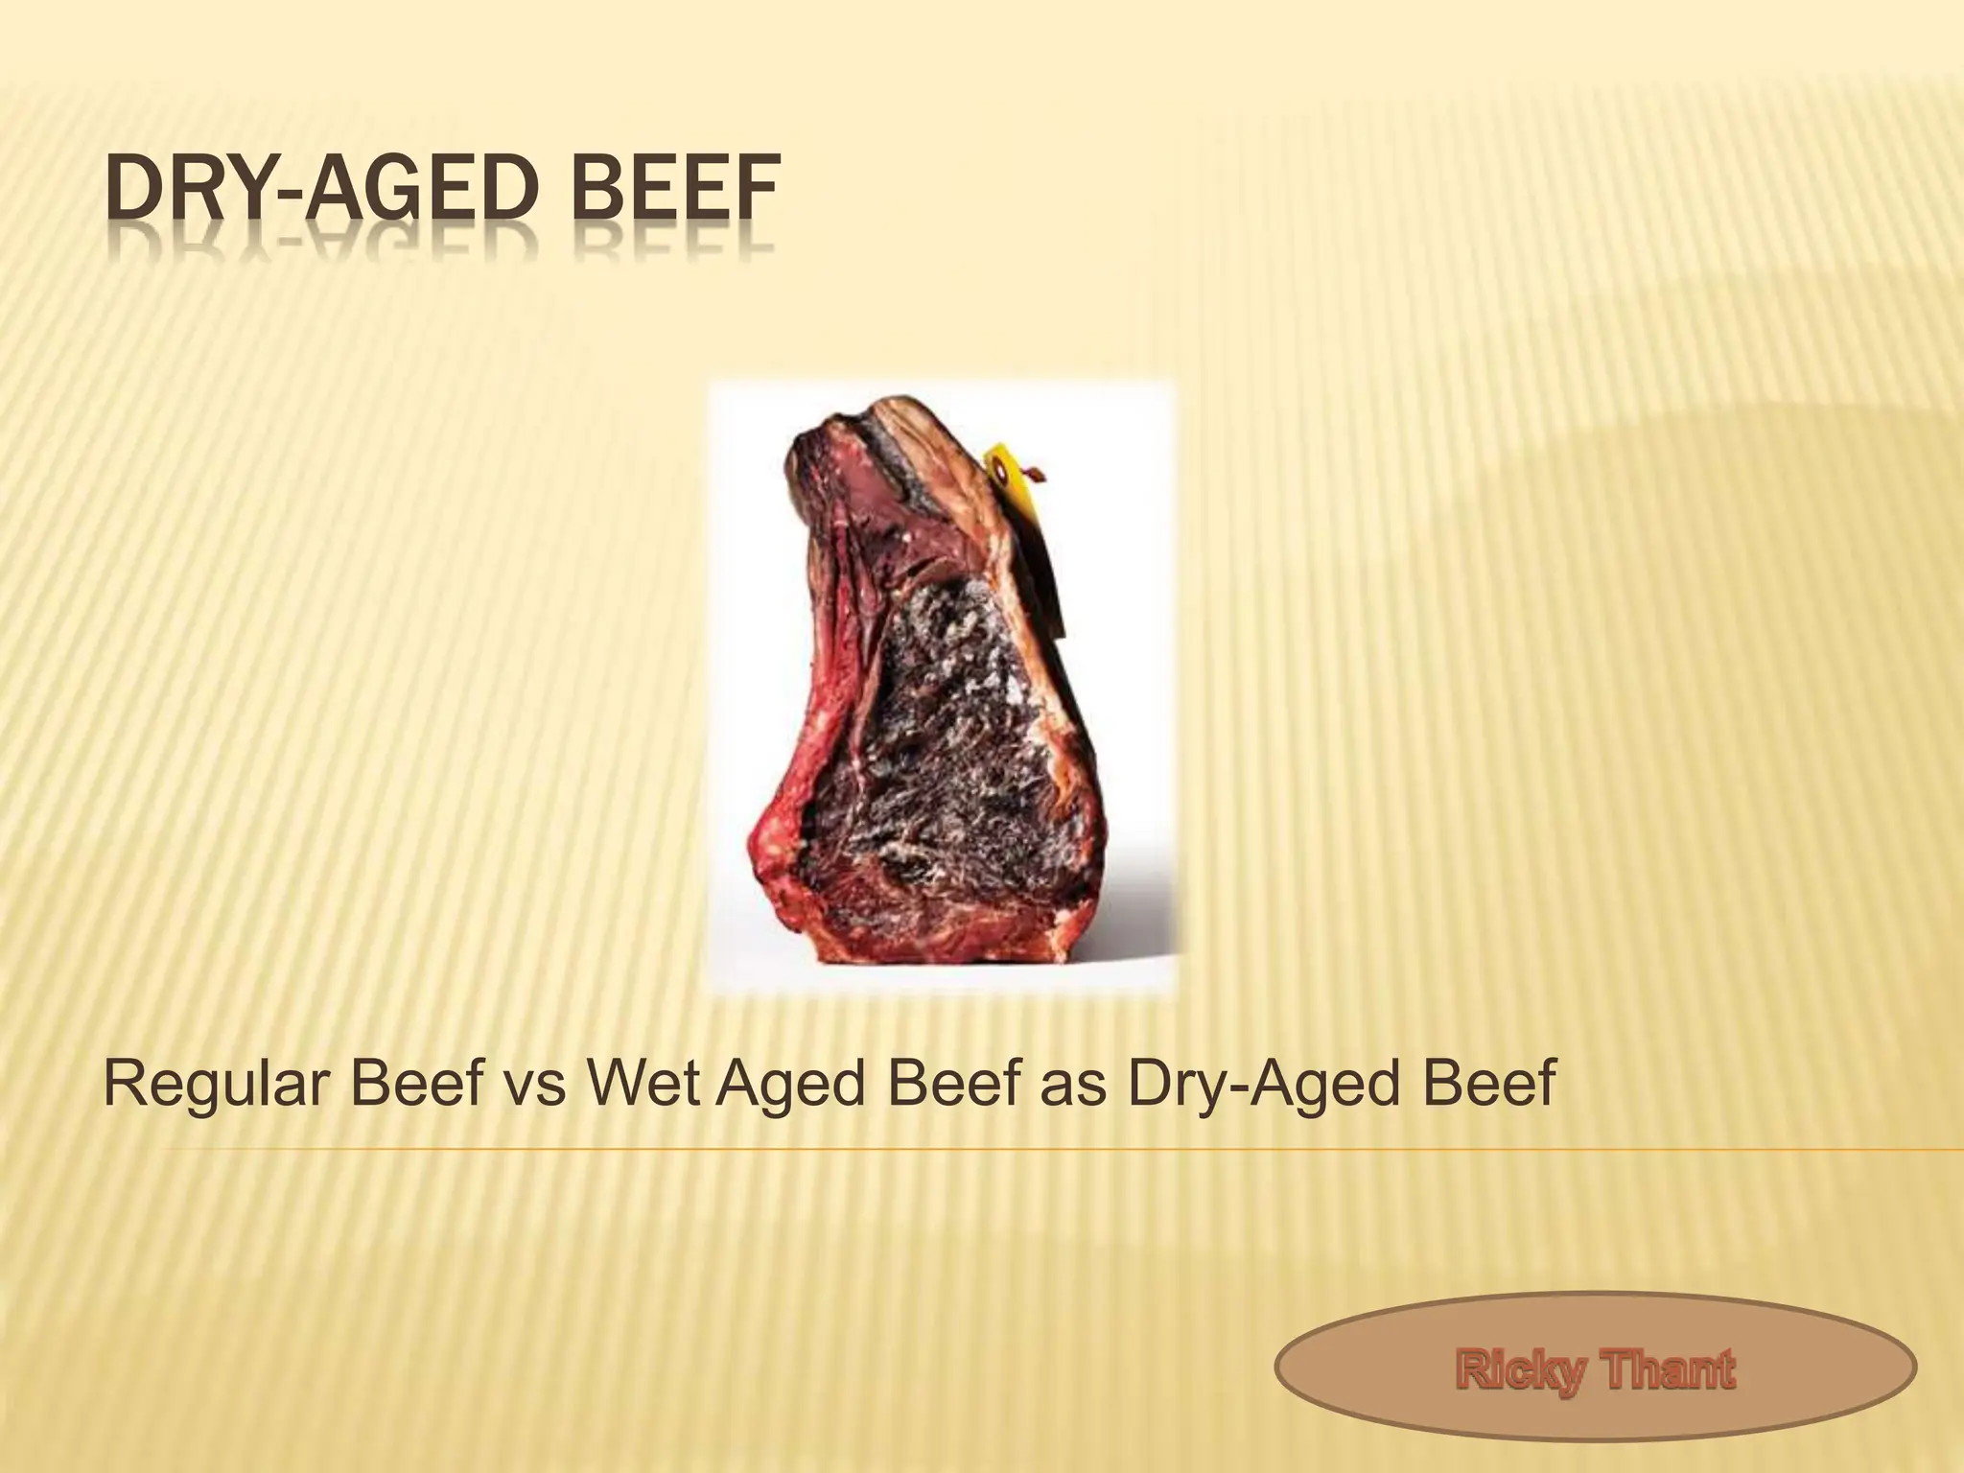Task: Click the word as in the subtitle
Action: (1081, 1085)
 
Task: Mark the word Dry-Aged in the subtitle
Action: (1265, 1085)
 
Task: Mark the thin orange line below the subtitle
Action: (1055, 1149)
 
